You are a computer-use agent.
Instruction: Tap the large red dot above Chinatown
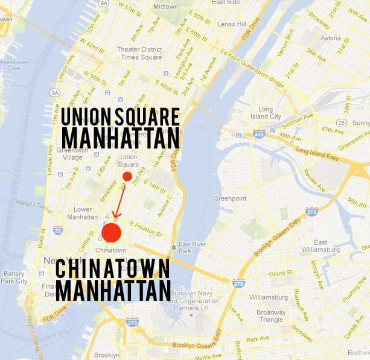(112, 233)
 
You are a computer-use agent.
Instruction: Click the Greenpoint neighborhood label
(231, 198)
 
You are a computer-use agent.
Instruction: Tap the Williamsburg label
(268, 297)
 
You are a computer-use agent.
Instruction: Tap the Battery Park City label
(13, 277)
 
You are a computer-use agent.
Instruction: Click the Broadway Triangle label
(271, 315)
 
